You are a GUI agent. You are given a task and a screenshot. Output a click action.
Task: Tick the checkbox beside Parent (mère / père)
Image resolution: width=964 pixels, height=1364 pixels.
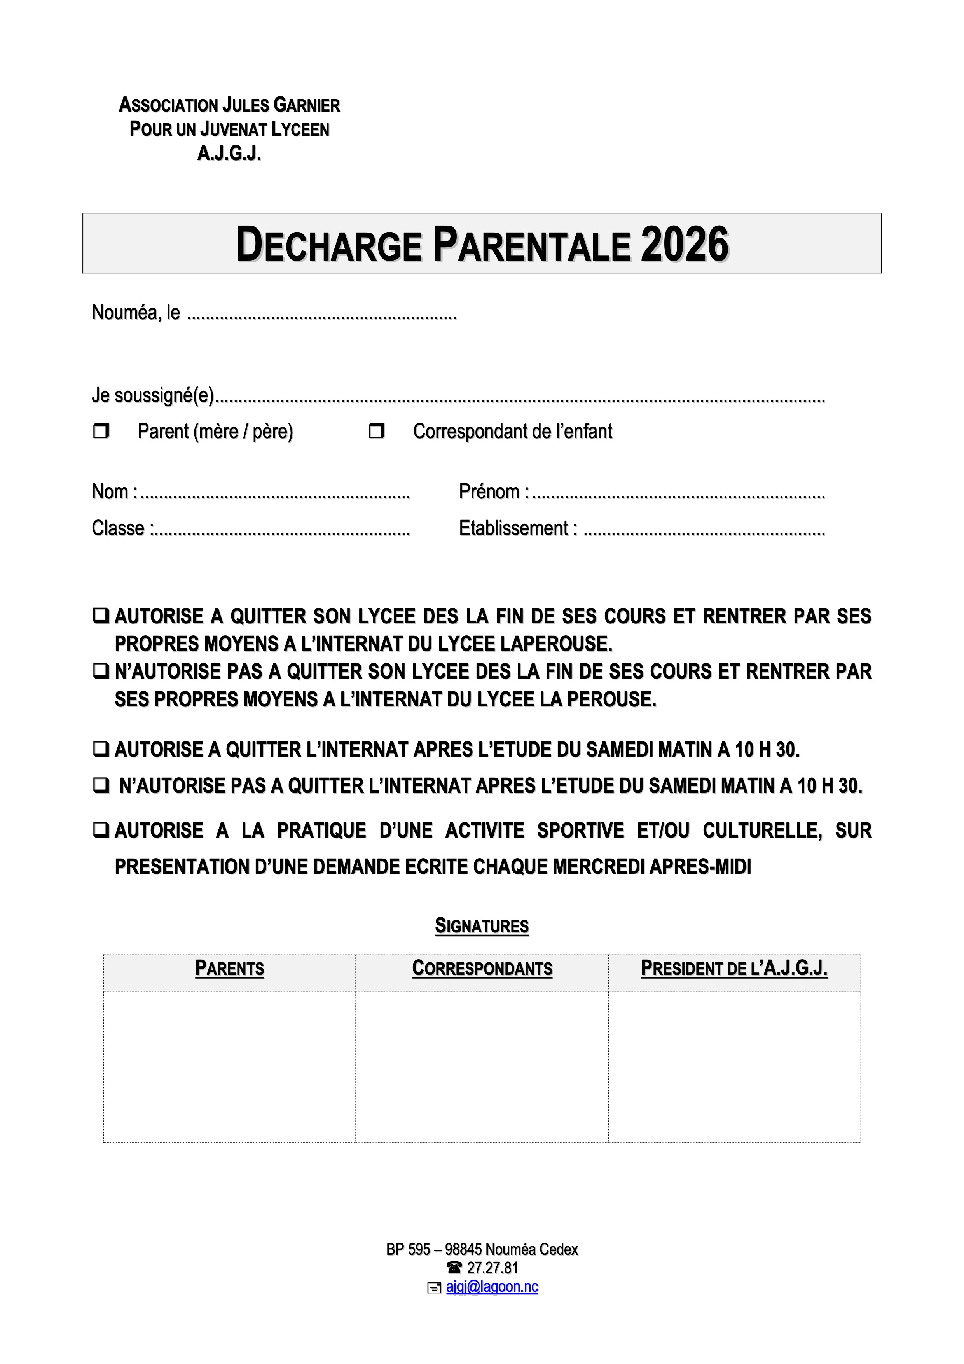click(x=101, y=431)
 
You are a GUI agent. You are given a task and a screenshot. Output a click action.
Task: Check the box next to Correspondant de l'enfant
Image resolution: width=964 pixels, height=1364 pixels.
click(x=377, y=431)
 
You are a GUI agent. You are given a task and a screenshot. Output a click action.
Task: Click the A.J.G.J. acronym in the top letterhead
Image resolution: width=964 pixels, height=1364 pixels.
click(x=229, y=154)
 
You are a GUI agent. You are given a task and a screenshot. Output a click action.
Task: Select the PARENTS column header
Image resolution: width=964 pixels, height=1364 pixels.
click(x=229, y=968)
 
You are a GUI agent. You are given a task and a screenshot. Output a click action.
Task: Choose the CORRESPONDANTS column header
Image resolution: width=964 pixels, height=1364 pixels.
click(x=482, y=968)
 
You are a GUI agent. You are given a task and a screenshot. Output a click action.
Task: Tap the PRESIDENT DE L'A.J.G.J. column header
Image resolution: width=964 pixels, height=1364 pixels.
click(x=734, y=968)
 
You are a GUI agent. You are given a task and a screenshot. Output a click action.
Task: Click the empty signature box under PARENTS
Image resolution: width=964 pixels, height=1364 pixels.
click(x=229, y=1067)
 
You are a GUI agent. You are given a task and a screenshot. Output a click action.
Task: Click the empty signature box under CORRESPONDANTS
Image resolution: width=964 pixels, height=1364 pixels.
click(x=482, y=1067)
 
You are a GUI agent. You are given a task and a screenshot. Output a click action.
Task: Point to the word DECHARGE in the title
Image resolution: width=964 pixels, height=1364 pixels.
click(x=328, y=244)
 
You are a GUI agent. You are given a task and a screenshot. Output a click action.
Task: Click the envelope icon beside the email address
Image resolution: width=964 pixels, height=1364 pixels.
click(x=434, y=1287)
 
